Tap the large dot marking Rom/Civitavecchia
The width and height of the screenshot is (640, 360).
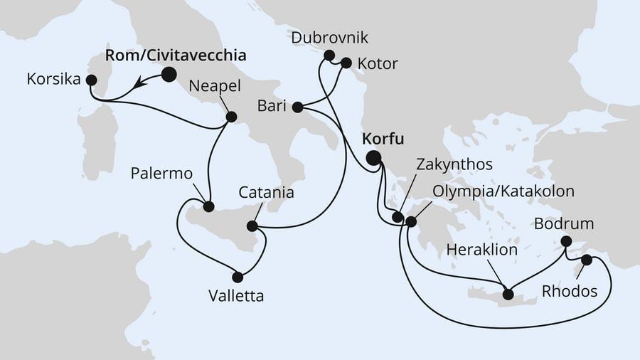tap(169, 74)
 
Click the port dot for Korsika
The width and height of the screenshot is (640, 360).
tap(91, 80)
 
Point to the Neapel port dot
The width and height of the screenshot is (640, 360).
tap(230, 117)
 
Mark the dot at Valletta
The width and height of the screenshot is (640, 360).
tap(238, 277)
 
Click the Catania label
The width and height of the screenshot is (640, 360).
tap(266, 192)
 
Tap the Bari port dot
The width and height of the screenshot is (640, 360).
tap(297, 108)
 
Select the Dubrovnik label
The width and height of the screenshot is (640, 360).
tap(329, 37)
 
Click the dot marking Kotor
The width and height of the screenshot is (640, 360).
tap(346, 63)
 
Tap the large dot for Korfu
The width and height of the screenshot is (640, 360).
tap(373, 158)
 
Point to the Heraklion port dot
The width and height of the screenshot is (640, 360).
tap(508, 293)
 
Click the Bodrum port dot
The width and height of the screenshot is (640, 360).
tap(566, 241)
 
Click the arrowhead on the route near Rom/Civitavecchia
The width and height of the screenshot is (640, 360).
tap(142, 83)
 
